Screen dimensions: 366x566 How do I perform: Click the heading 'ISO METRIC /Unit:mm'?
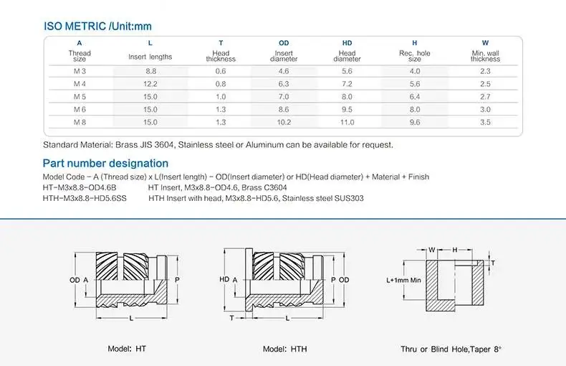(x=97, y=27)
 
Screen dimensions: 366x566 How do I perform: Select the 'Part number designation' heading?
(x=105, y=163)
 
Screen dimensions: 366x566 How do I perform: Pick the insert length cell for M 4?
(x=150, y=84)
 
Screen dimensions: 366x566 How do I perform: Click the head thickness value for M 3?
(x=221, y=71)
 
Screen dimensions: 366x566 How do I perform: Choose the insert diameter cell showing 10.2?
(x=284, y=123)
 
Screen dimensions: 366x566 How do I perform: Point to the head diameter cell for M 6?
(x=347, y=110)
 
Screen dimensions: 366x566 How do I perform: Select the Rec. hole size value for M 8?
(x=415, y=123)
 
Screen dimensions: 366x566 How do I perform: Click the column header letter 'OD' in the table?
(x=284, y=43)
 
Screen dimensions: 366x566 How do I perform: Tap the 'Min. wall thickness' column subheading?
(x=485, y=56)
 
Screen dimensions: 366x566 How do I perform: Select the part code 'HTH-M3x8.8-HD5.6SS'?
(x=85, y=198)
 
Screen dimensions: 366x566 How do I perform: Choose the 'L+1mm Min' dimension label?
(x=404, y=280)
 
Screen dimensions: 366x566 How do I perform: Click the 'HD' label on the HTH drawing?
(x=224, y=279)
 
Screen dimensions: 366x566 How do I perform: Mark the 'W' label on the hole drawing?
(x=432, y=250)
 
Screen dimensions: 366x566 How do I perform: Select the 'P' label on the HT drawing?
(x=176, y=279)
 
